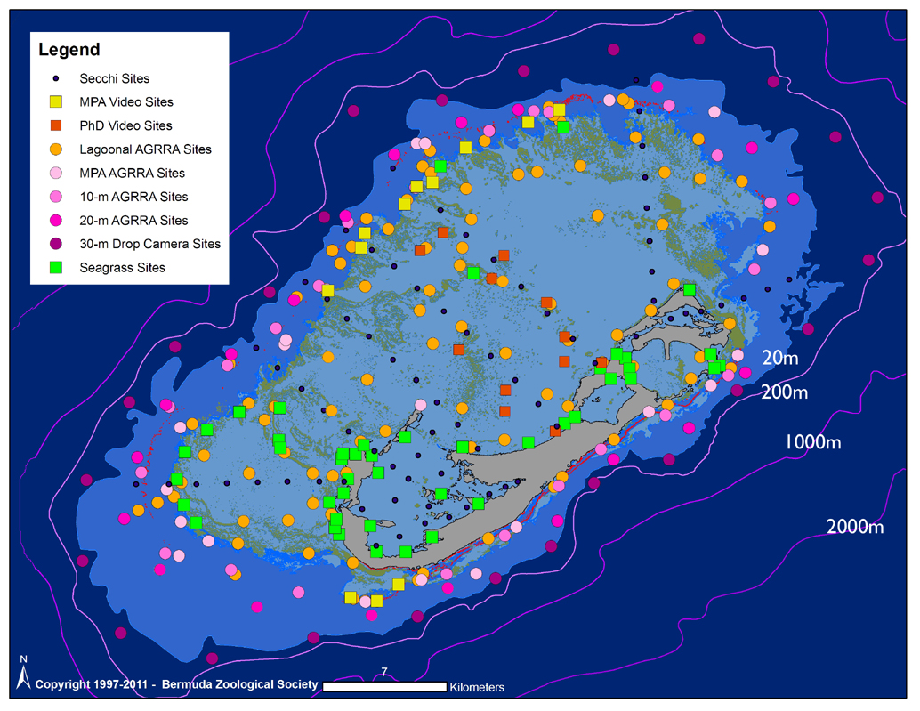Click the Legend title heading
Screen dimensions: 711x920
[x=69, y=51]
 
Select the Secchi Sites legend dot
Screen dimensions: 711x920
[x=55, y=79]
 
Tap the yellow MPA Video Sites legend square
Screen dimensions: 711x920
[x=55, y=102]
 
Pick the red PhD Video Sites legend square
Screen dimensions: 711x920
[x=55, y=126]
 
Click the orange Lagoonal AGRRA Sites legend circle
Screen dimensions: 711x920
[x=55, y=149]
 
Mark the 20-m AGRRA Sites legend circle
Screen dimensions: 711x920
[x=55, y=220]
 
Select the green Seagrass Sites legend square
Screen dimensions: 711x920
[x=55, y=267]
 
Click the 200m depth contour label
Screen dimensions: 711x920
[x=784, y=392]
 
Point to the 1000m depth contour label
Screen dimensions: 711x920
[x=811, y=442]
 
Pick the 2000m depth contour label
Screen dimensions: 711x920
[x=854, y=527]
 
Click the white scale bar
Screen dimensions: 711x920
[x=383, y=687]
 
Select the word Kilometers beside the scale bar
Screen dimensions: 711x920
[x=477, y=687]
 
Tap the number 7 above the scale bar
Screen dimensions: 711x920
[x=383, y=672]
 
